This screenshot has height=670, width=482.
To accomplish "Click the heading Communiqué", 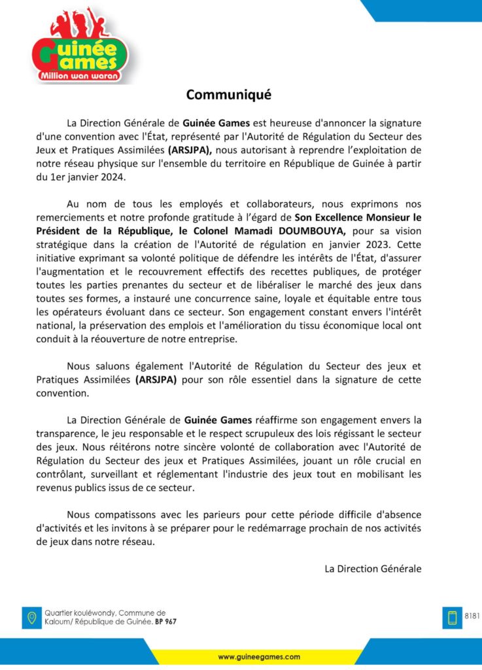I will click(228, 95).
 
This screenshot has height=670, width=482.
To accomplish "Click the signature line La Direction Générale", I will click(373, 569).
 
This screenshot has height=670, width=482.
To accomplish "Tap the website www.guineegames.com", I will click(259, 656).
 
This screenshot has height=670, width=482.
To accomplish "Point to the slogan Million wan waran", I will click(81, 77).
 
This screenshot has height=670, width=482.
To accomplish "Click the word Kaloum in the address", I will click(57, 622).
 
